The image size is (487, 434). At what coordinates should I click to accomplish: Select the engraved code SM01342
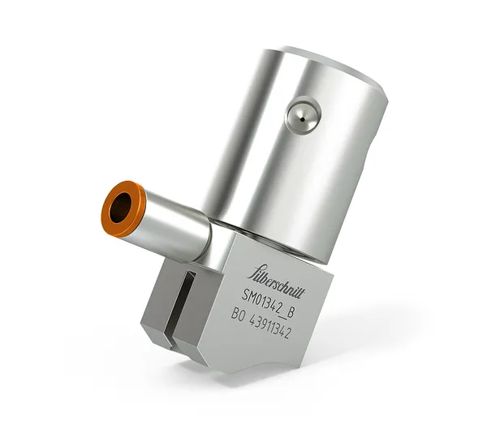[x=265, y=294]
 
